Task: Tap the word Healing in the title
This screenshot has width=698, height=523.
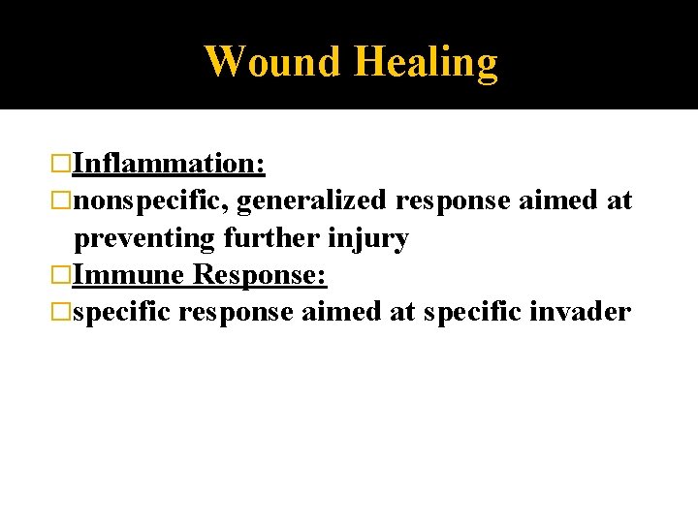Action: [426, 61]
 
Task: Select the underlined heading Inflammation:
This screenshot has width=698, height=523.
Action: [170, 164]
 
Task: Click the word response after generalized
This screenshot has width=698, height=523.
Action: [454, 200]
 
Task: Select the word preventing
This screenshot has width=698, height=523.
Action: [145, 238]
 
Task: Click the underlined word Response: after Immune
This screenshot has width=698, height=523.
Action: [260, 275]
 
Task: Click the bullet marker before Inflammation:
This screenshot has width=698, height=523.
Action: [63, 164]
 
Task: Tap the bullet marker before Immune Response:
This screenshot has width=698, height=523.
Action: [63, 275]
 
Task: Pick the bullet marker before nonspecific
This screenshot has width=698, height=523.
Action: [63, 200]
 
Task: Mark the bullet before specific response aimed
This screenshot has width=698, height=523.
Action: [63, 313]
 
